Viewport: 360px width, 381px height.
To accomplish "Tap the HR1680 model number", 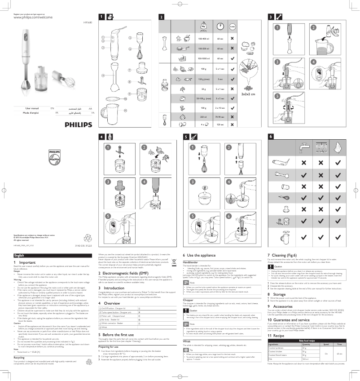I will [88, 22].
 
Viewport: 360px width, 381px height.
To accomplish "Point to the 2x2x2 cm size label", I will [248, 94].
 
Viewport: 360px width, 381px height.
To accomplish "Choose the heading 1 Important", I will [25, 262].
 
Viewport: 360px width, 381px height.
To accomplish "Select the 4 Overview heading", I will [109, 303].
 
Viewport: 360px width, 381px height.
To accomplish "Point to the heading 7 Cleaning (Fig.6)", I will [288, 255].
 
